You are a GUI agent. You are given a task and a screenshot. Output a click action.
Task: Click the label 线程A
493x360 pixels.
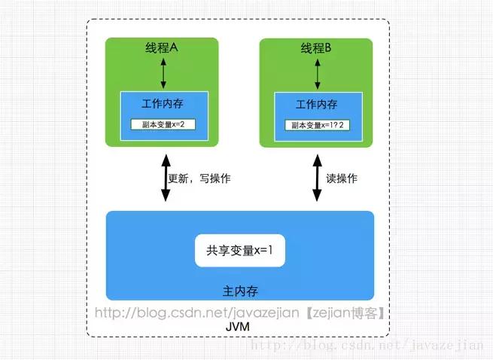tap(162, 47)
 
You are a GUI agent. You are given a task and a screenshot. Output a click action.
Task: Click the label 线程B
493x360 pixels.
tap(316, 47)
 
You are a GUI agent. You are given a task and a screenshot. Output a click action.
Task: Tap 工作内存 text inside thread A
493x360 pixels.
tap(162, 104)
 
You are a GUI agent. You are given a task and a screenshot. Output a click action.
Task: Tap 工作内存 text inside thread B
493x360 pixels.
tap(316, 104)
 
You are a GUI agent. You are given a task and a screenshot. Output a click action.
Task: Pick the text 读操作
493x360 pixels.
tap(342, 178)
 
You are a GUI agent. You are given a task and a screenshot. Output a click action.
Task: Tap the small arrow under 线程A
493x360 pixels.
tap(163, 74)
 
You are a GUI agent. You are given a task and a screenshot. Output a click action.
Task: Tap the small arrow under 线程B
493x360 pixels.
tap(317, 74)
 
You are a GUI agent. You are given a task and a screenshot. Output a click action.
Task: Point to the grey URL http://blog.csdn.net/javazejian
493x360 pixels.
tap(199, 313)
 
